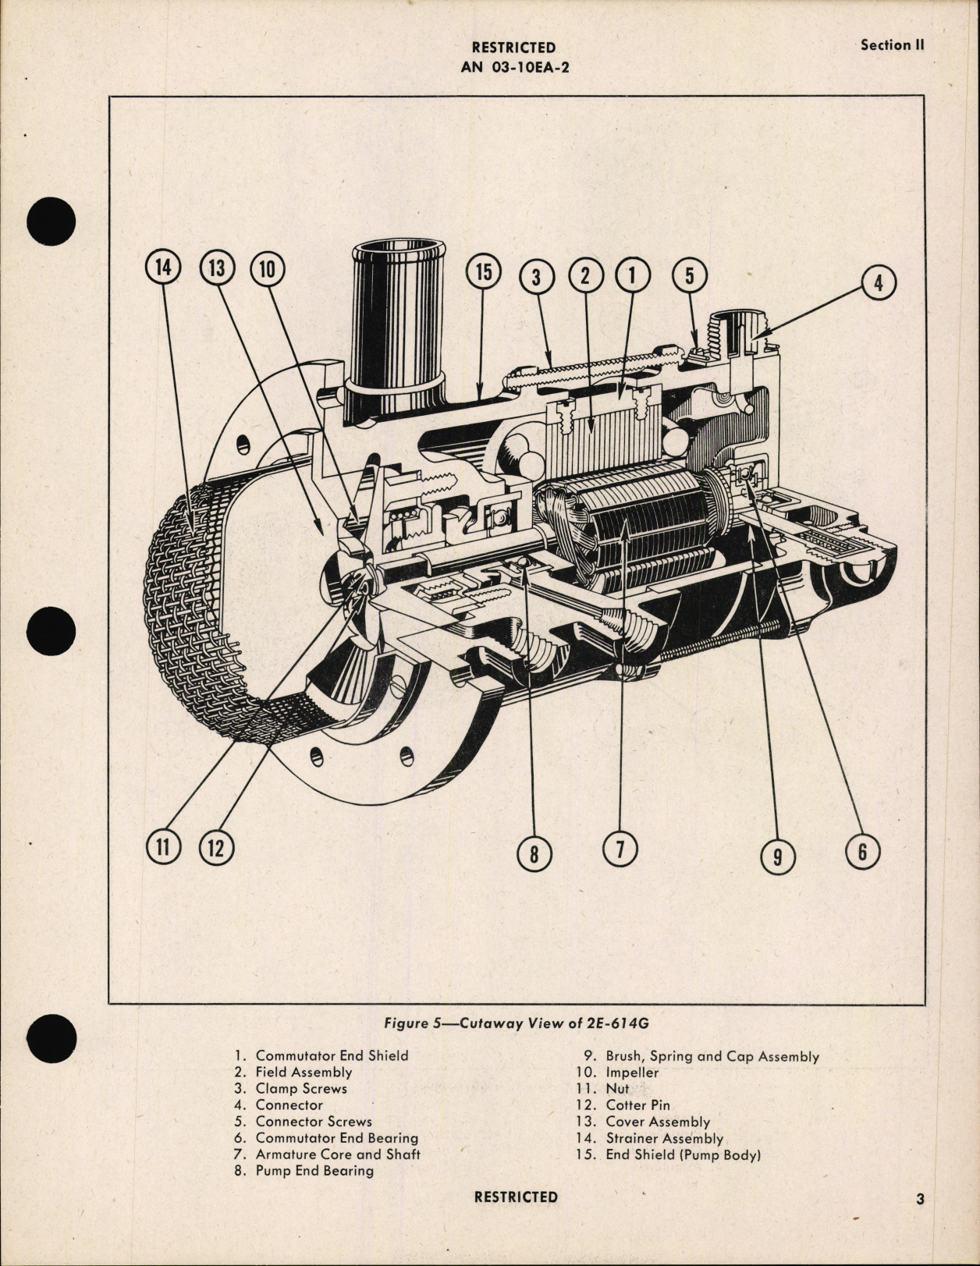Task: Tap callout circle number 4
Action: coord(878,282)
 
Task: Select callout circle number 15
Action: coord(484,272)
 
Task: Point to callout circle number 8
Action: coord(534,853)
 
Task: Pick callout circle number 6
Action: coord(862,851)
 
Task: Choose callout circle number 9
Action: coord(777,856)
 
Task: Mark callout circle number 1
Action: coord(633,275)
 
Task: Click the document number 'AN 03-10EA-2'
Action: coord(515,67)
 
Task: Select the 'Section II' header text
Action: coord(892,45)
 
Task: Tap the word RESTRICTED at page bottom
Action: coord(516,1197)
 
